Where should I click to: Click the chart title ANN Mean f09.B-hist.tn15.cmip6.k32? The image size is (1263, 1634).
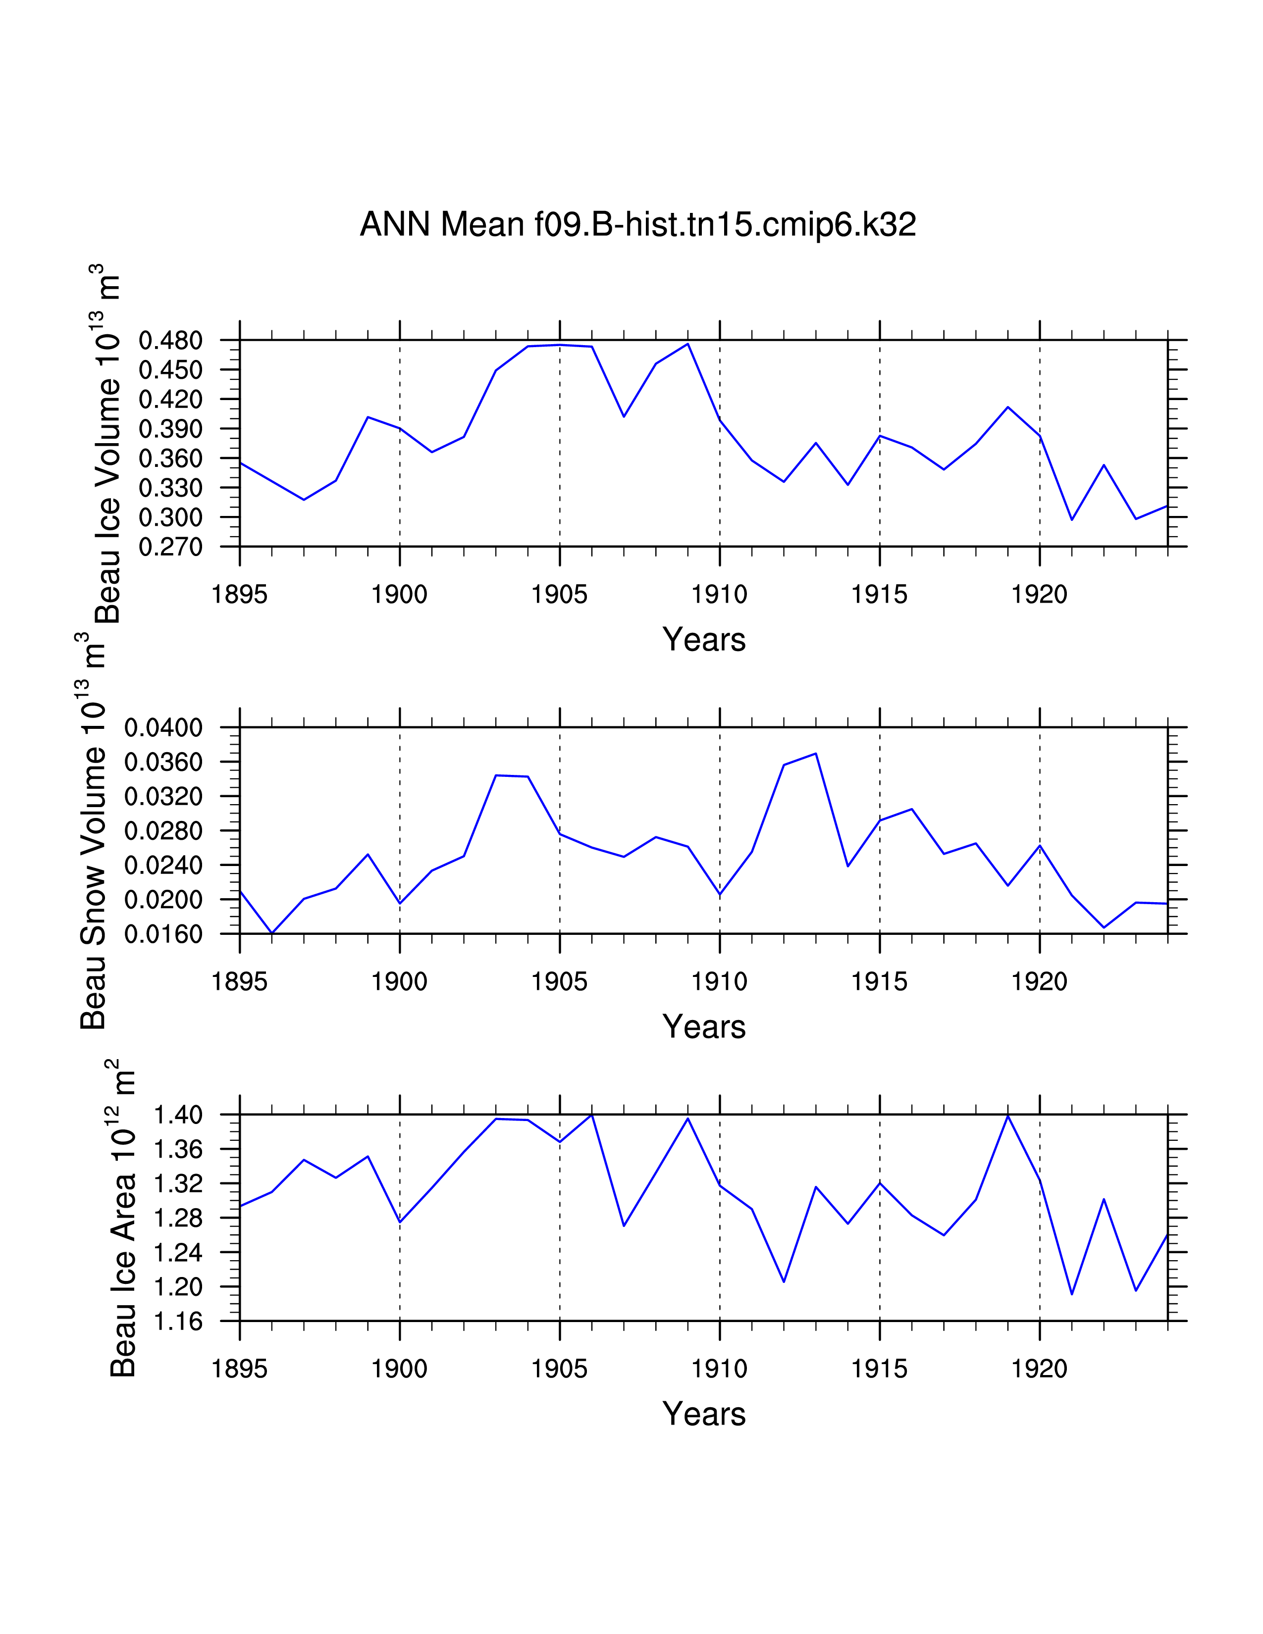click(x=637, y=224)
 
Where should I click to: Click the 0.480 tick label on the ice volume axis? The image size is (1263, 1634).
click(x=170, y=341)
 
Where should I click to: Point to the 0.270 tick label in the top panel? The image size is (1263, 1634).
click(x=170, y=547)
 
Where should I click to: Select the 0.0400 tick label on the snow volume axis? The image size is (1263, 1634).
click(x=163, y=727)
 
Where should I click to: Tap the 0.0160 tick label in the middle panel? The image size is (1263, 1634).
click(x=163, y=934)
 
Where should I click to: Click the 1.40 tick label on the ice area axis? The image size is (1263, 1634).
click(x=178, y=1115)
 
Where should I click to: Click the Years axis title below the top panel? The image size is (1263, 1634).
click(x=703, y=640)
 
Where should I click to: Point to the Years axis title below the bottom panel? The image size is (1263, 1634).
click(x=703, y=1414)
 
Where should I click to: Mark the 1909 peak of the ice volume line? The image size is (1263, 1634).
click(x=687, y=344)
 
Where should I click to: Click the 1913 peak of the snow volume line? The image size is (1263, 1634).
click(x=816, y=754)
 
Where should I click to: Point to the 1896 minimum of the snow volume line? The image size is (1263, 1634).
click(x=271, y=933)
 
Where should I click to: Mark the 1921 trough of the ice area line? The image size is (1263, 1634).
click(x=1071, y=1293)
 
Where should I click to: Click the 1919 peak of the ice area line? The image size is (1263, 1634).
click(x=1008, y=1116)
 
